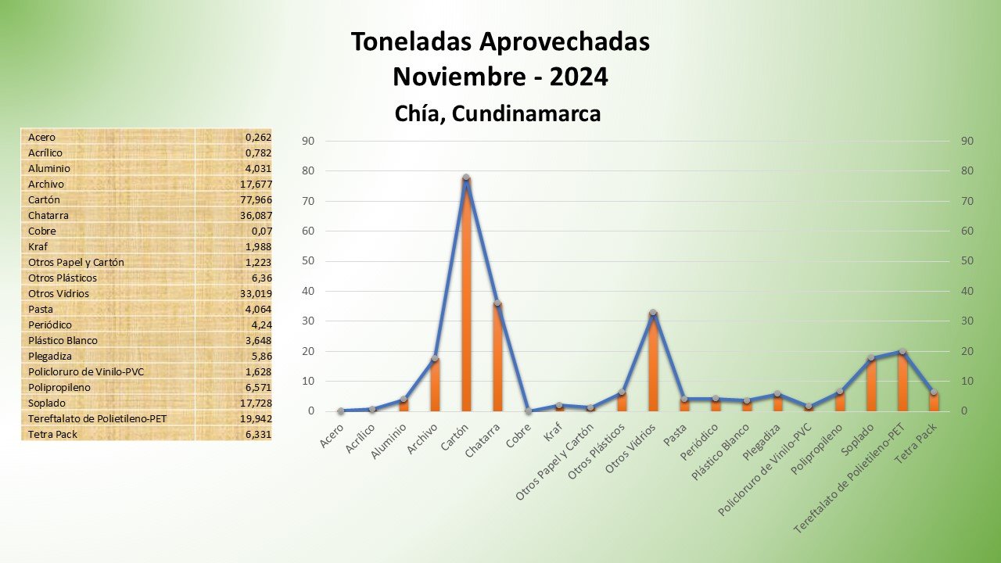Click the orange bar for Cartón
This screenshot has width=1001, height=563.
[x=466, y=297]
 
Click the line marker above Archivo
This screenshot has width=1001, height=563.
[x=435, y=358]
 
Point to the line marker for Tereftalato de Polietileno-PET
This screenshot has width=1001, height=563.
[x=902, y=352]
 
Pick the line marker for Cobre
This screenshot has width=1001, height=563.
[x=529, y=411]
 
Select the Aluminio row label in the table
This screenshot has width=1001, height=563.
[x=49, y=168]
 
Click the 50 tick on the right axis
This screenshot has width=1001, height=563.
[x=967, y=261]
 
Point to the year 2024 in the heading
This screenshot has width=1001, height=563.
[x=579, y=77]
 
